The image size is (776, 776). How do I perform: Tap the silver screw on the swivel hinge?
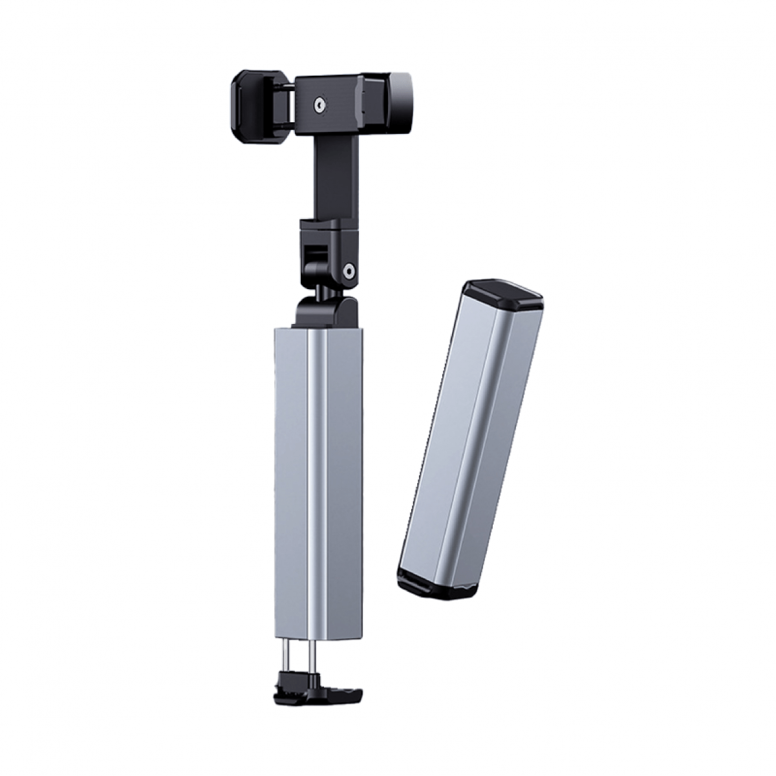pyautogui.click(x=349, y=270)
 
